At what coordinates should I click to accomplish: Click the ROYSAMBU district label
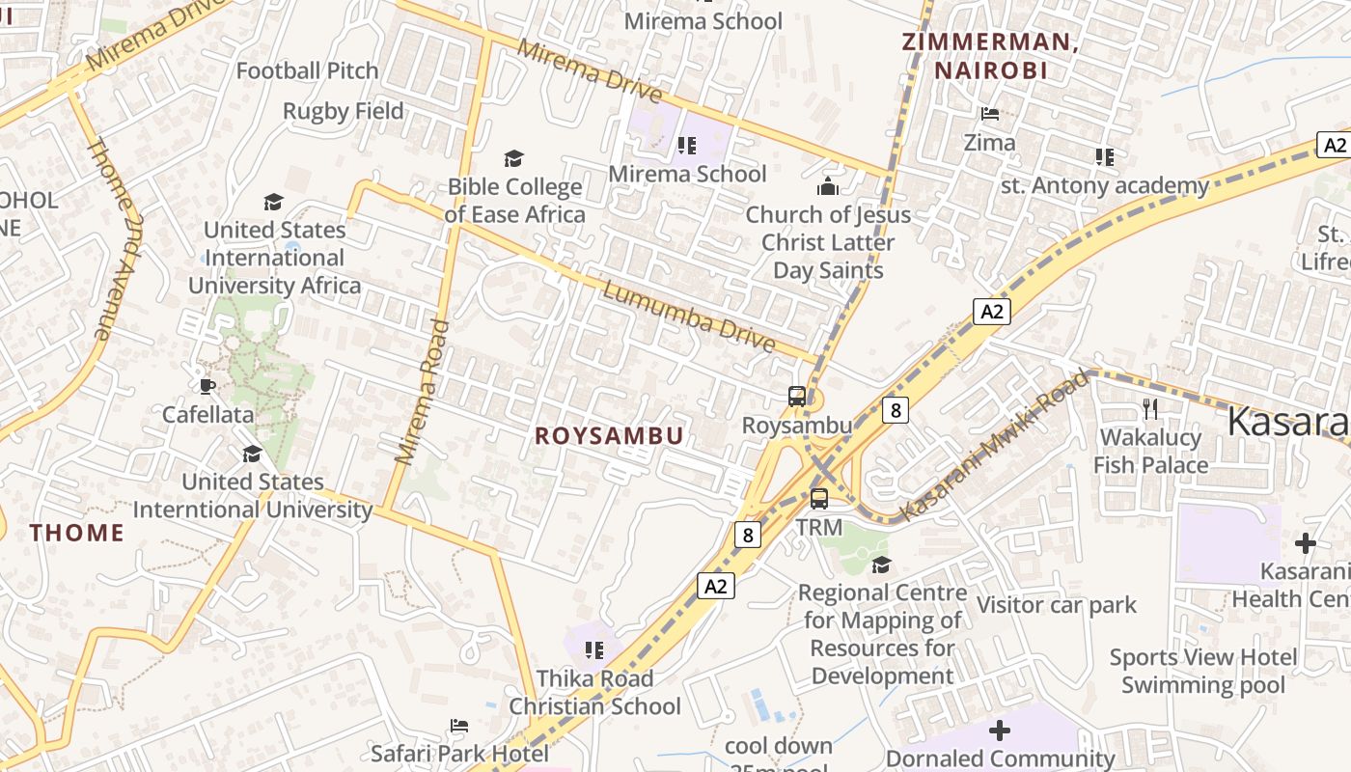(x=609, y=436)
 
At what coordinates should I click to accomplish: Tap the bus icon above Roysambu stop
(x=797, y=396)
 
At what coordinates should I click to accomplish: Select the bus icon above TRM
(x=819, y=499)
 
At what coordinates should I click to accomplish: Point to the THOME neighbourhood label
(x=77, y=533)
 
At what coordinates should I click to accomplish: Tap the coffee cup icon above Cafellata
(x=207, y=387)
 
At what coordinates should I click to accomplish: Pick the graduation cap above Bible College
(x=514, y=158)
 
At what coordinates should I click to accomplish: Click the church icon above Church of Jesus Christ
(x=828, y=186)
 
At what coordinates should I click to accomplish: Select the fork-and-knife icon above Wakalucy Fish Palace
(x=1150, y=409)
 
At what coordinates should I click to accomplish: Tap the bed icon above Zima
(x=990, y=114)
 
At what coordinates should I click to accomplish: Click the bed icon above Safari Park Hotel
(x=459, y=726)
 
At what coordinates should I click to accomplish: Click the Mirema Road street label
(x=423, y=391)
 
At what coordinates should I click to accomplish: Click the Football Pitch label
(x=307, y=70)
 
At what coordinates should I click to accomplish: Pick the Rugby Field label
(x=343, y=111)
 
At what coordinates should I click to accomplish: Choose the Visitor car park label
(x=1057, y=605)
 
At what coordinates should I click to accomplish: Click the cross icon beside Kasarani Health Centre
(x=1306, y=543)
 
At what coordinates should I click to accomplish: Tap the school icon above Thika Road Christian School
(x=594, y=650)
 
